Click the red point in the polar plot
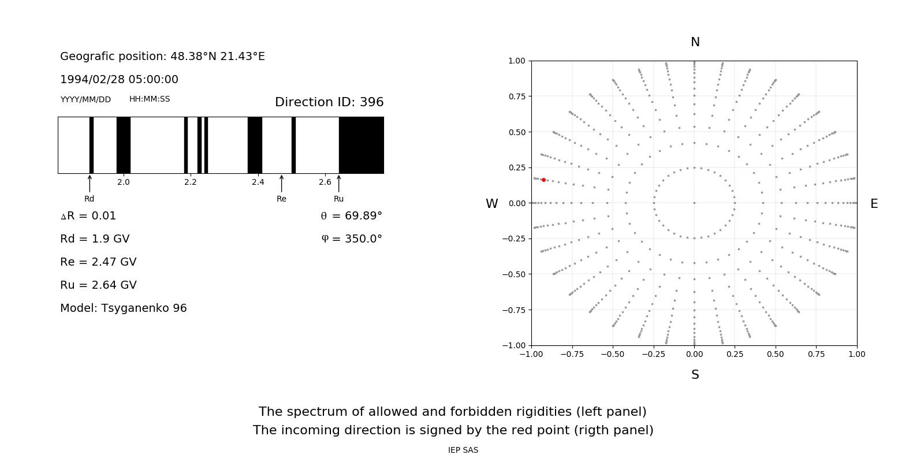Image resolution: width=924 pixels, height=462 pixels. click(x=543, y=180)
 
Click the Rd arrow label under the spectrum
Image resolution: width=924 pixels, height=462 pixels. click(x=90, y=199)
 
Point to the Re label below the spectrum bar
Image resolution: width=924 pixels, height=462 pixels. click(x=281, y=199)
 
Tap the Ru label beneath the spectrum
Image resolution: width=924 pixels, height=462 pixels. click(x=338, y=199)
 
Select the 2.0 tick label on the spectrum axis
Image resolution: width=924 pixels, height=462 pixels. click(x=124, y=182)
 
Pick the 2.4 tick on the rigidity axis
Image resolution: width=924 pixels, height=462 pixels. click(x=258, y=182)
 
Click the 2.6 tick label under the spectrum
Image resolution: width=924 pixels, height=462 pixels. click(x=325, y=182)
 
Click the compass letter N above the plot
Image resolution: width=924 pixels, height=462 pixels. click(x=695, y=42)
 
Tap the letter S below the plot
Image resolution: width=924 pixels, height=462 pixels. click(x=695, y=375)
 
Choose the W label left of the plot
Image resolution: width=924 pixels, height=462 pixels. click(x=492, y=204)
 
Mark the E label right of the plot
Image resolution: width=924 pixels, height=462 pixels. click(x=874, y=204)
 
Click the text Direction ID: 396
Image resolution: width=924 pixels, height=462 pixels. click(x=329, y=102)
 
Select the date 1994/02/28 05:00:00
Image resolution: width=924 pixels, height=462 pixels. click(x=119, y=80)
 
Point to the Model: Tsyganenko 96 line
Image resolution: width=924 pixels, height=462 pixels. click(x=124, y=308)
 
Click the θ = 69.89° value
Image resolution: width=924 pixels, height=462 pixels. click(x=351, y=216)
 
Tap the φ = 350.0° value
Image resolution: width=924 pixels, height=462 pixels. click(x=352, y=239)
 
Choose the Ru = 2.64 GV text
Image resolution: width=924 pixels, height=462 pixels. click(x=98, y=285)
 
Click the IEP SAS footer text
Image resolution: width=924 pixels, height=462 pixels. click(x=463, y=450)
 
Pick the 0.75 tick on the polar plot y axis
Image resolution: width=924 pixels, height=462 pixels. click(x=516, y=96)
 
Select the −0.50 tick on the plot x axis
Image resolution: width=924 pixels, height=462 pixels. click(x=612, y=354)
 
